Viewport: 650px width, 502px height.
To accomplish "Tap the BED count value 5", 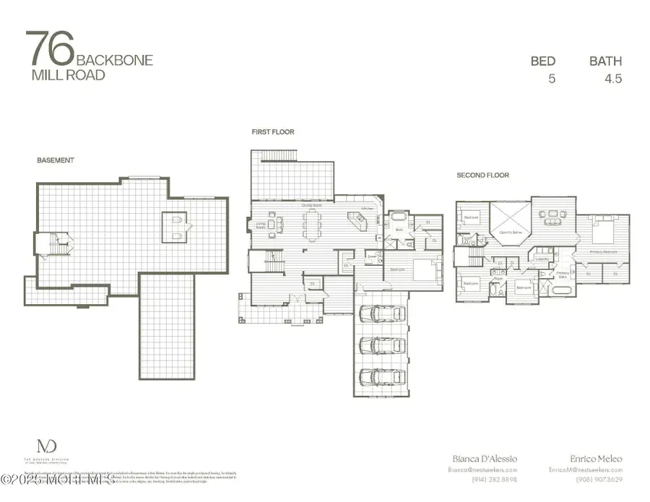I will pyautogui.click(x=552, y=79).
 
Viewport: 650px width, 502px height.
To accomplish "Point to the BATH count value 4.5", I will pyautogui.click(x=612, y=79).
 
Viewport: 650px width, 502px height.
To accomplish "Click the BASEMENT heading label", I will pyautogui.click(x=56, y=160).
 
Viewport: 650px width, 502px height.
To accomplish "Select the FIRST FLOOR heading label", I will pyautogui.click(x=272, y=132).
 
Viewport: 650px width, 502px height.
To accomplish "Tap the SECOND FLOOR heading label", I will pyautogui.click(x=482, y=175).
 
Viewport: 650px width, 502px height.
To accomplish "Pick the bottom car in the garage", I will pyautogui.click(x=379, y=377).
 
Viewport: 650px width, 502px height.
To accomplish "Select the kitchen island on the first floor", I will pyautogui.click(x=357, y=219).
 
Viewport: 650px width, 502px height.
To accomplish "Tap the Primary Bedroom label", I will pyautogui.click(x=605, y=251).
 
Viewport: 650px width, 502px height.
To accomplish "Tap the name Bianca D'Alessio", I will pyautogui.click(x=485, y=459).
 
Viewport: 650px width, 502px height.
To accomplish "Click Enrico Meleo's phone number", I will pyautogui.click(x=599, y=480).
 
